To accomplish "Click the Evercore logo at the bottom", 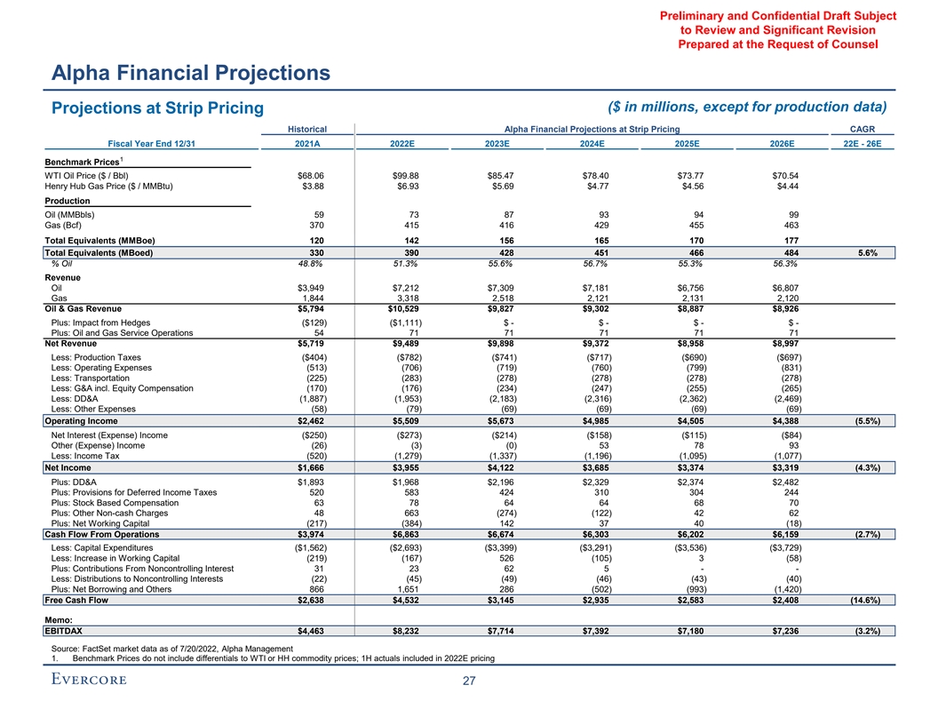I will (88, 680).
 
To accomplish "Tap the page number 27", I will (469, 681).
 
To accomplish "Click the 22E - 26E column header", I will (861, 145).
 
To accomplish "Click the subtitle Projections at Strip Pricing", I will (158, 108).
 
